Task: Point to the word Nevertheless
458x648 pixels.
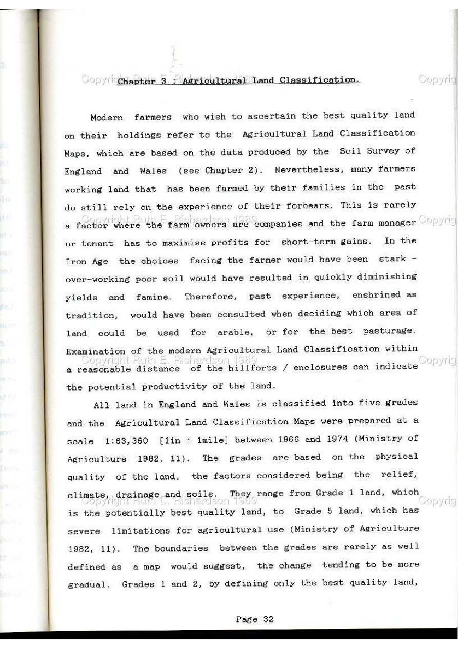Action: [307, 170]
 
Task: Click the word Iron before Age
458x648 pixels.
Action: [75, 261]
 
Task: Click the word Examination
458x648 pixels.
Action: [95, 351]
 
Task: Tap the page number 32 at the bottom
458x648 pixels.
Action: [268, 619]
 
